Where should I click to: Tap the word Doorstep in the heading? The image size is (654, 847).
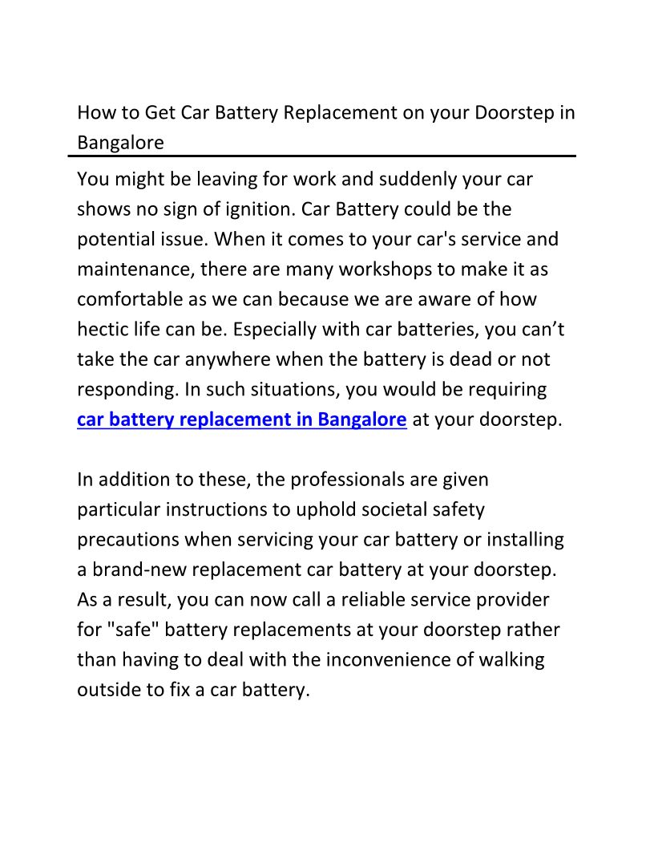pyautogui.click(x=514, y=112)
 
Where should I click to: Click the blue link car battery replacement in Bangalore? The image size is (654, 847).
pyautogui.click(x=242, y=419)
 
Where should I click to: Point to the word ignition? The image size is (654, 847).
pyautogui.click(x=257, y=209)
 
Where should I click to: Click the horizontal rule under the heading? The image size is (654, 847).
pyautogui.click(x=326, y=156)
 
